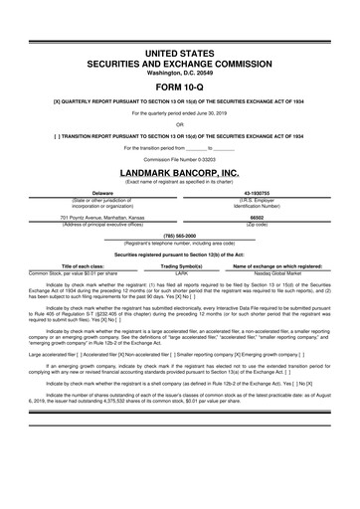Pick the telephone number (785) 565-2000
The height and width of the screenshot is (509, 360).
tap(179, 236)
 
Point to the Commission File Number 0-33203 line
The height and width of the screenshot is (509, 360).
tap(179, 160)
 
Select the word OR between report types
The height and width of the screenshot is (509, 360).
tap(179, 125)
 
